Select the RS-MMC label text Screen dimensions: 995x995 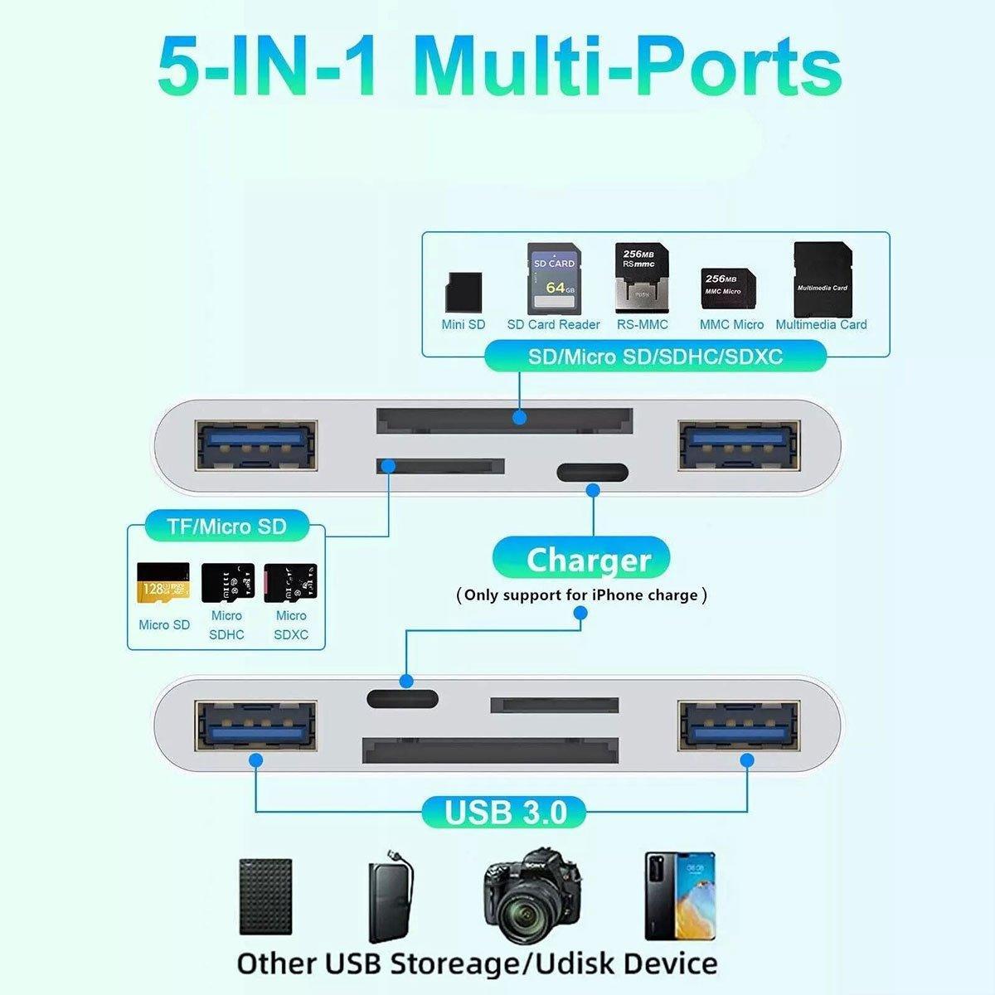click(x=642, y=324)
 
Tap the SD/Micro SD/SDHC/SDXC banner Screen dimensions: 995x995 click(x=655, y=357)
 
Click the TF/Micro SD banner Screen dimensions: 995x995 click(x=226, y=526)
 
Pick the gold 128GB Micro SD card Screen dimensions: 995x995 click(x=163, y=584)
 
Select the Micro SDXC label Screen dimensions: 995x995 click(x=291, y=625)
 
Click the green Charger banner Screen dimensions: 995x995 click(x=589, y=560)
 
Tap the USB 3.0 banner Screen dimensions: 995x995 click(x=506, y=812)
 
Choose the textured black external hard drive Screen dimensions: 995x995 click(x=265, y=897)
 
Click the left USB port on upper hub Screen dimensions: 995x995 click(x=256, y=444)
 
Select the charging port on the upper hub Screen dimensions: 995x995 click(x=592, y=473)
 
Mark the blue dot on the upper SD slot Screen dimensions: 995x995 click(x=520, y=417)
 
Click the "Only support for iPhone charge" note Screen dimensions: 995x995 click(x=581, y=595)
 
